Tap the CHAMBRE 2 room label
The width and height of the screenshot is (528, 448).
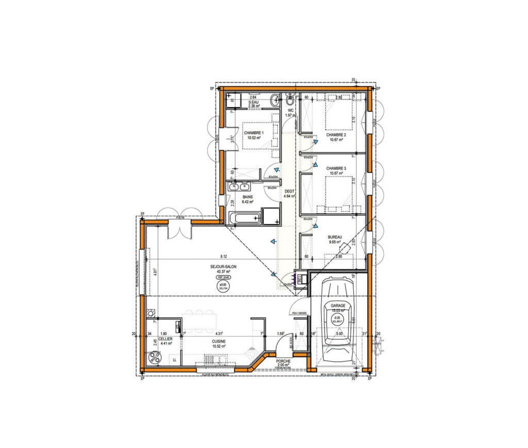click(x=336, y=135)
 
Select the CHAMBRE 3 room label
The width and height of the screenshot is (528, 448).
click(x=336, y=168)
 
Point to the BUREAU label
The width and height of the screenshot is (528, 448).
click(x=335, y=237)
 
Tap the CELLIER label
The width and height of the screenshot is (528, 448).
click(x=166, y=339)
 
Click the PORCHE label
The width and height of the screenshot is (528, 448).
click(x=283, y=361)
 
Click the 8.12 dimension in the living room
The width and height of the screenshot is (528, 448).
click(x=223, y=256)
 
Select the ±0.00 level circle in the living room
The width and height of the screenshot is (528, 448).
click(x=223, y=286)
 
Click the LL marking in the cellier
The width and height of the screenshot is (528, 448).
click(x=174, y=359)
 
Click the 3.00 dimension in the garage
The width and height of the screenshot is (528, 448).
click(x=339, y=334)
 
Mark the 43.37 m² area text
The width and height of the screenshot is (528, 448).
click(x=223, y=272)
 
